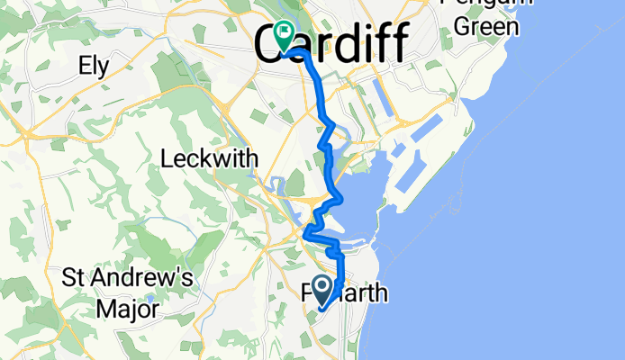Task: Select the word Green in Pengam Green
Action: point(487,26)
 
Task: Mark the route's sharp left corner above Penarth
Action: point(308,236)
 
